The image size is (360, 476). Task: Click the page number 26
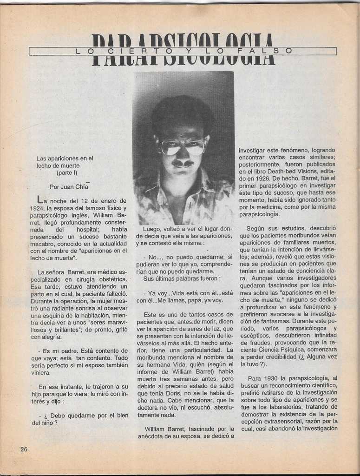pos(24,449)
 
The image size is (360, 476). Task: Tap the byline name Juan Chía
pos(74,187)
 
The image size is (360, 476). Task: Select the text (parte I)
pos(67,173)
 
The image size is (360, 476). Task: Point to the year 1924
pos(39,208)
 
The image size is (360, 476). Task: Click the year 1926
pos(255,178)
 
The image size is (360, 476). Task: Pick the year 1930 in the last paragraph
pos(270,378)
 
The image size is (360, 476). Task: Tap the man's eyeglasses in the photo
pos(183,146)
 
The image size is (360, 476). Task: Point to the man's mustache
pos(183,163)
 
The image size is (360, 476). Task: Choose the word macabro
pos(43,244)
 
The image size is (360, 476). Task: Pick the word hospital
pos(87,230)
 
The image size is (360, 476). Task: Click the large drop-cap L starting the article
pos(40,200)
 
